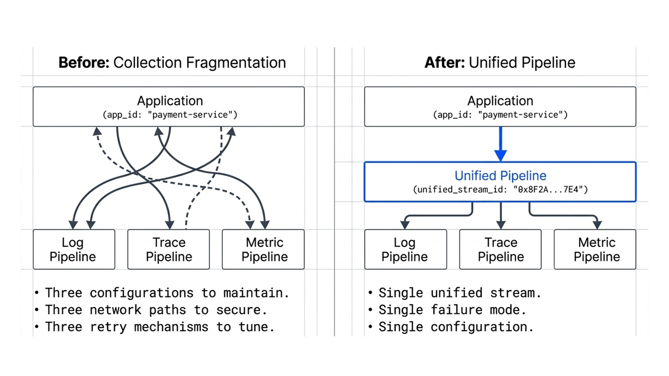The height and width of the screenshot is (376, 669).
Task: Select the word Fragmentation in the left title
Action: (x=236, y=63)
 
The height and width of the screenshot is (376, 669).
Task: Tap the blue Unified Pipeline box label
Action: (x=500, y=175)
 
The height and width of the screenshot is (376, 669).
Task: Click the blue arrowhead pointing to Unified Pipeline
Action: (x=500, y=155)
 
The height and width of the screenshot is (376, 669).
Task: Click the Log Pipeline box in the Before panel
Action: (x=74, y=249)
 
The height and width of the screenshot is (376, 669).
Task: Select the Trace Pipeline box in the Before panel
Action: (x=169, y=249)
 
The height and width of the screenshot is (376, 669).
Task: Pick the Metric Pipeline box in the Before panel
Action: (x=263, y=249)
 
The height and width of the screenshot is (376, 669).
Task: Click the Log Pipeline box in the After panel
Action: (x=405, y=249)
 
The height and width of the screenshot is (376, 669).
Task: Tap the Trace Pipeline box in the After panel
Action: (x=500, y=249)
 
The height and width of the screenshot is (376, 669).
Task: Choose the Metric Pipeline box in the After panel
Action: (x=595, y=249)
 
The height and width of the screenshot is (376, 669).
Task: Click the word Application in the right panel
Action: (x=500, y=101)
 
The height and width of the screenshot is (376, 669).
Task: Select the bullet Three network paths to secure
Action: (x=156, y=310)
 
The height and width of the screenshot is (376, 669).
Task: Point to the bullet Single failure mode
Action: (x=452, y=310)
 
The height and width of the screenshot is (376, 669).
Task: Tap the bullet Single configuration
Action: (x=455, y=327)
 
